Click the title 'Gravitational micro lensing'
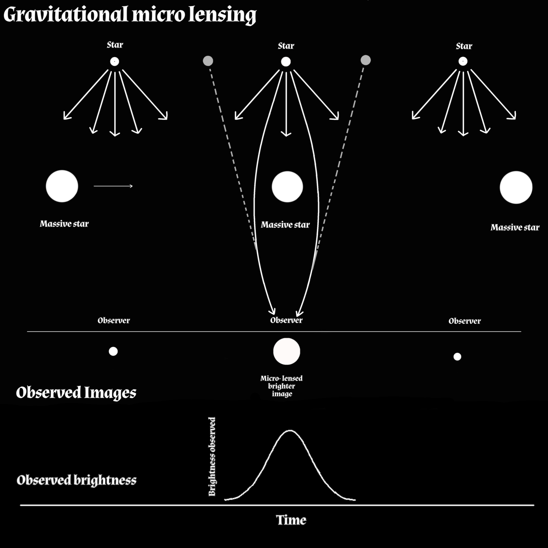pyautogui.click(x=130, y=15)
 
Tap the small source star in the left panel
pyautogui.click(x=114, y=62)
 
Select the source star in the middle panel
pyautogui.click(x=286, y=62)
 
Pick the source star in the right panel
pyautogui.click(x=463, y=61)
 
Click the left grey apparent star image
pyautogui.click(x=208, y=61)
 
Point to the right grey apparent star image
pyautogui.click(x=365, y=60)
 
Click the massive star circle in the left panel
pyautogui.click(x=62, y=186)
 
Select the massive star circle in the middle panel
pyautogui.click(x=287, y=187)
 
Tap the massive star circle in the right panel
pyautogui.click(x=516, y=188)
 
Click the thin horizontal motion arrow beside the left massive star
pyautogui.click(x=113, y=186)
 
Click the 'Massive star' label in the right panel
pyautogui.click(x=515, y=227)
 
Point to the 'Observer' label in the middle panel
pyautogui.click(x=286, y=320)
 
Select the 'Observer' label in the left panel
pyautogui.click(x=114, y=320)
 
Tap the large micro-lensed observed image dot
pyautogui.click(x=287, y=352)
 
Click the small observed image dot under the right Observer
pyautogui.click(x=457, y=357)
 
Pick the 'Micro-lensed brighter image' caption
pyautogui.click(x=281, y=386)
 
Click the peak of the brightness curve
pyautogui.click(x=290, y=430)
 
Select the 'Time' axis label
pyautogui.click(x=291, y=520)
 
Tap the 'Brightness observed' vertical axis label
pyautogui.click(x=212, y=457)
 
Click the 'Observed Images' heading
pyautogui.click(x=76, y=393)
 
